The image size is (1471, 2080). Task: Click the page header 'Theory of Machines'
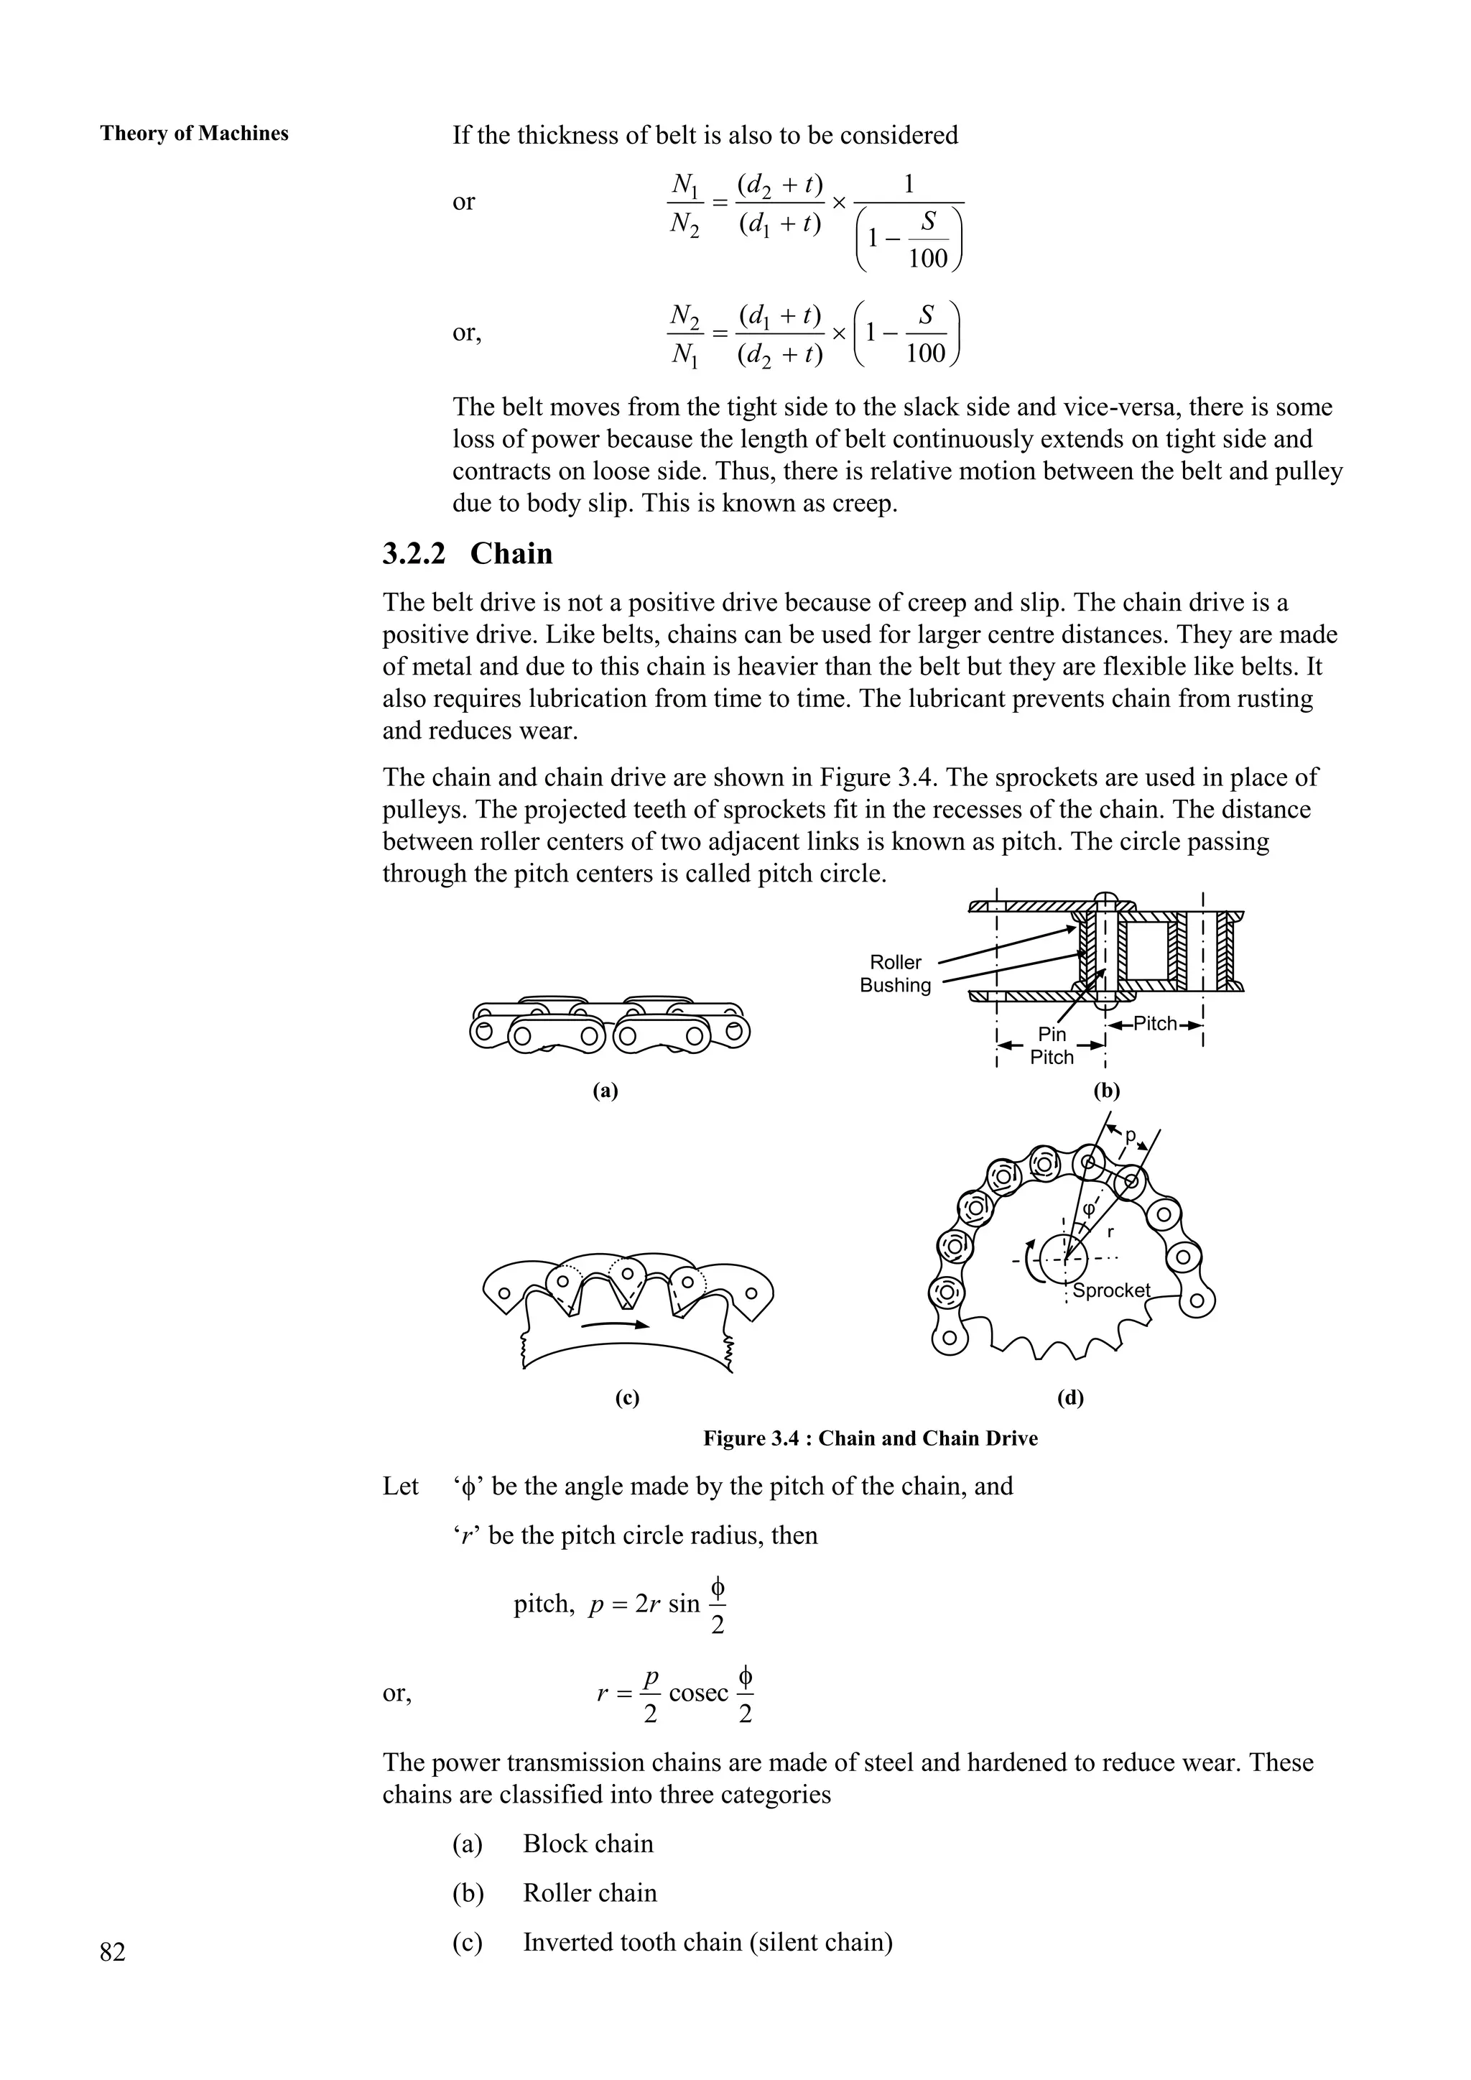[194, 134]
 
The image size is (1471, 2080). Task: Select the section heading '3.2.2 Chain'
[468, 553]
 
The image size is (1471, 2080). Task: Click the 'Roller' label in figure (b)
[895, 962]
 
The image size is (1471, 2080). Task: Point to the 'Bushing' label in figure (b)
[895, 986]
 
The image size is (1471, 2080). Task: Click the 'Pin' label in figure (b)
[1052, 1034]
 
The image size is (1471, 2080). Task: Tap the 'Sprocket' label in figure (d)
[1111, 1290]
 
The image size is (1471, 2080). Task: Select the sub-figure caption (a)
[605, 1091]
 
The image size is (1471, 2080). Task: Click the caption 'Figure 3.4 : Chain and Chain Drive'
[871, 1438]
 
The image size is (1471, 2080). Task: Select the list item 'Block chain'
[588, 1844]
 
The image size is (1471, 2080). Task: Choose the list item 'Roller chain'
[590, 1892]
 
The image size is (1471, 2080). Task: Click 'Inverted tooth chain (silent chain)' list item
[707, 1942]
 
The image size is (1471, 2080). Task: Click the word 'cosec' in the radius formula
[698, 1692]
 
